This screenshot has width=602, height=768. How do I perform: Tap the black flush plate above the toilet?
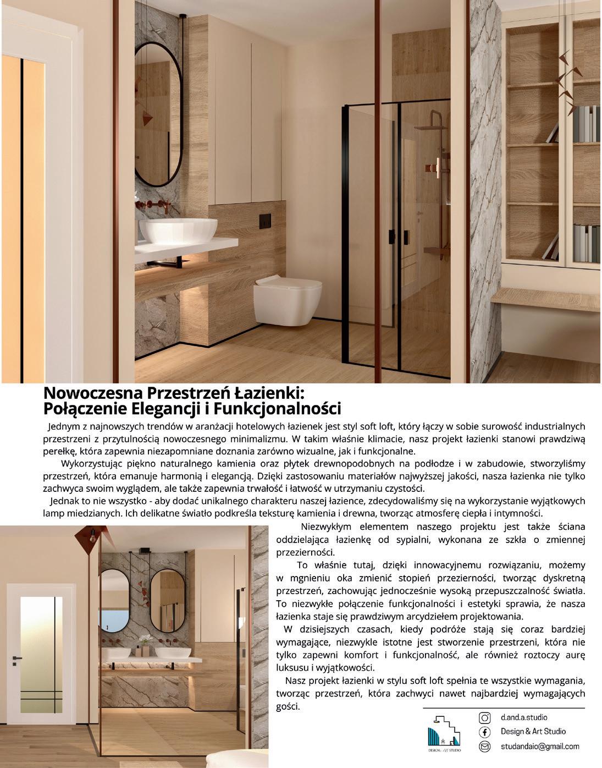tap(265, 219)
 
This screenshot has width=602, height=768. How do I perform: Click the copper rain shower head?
tap(430, 127)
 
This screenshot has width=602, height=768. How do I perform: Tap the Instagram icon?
tap(485, 717)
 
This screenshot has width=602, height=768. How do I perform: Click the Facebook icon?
tap(485, 732)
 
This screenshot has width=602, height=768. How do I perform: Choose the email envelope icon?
tap(485, 747)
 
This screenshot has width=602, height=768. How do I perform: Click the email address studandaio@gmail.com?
tap(539, 747)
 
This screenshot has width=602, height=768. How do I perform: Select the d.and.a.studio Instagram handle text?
tap(523, 717)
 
